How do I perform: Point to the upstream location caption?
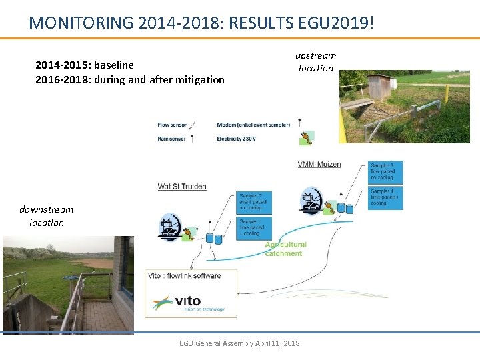click(x=316, y=61)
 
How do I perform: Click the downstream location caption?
click(x=47, y=216)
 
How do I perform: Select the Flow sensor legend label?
click(x=172, y=125)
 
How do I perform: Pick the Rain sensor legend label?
click(x=171, y=139)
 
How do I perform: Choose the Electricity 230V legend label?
click(x=236, y=139)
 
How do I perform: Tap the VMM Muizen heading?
click(x=319, y=165)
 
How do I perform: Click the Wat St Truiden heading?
click(x=182, y=186)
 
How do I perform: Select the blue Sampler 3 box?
click(x=386, y=172)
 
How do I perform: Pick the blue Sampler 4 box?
click(x=386, y=197)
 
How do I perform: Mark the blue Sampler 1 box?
click(x=254, y=227)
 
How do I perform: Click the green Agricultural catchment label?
click(x=284, y=249)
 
